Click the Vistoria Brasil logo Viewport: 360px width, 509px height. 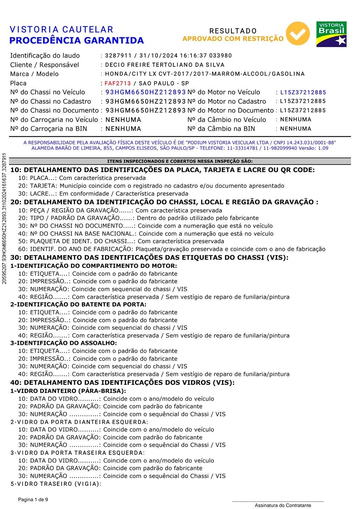tap(331, 34)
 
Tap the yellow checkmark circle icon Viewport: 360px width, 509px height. tap(298, 34)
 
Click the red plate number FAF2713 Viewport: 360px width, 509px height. tap(117, 83)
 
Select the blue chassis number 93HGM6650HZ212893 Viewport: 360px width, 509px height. tap(146, 92)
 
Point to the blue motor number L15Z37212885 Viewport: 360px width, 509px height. tap(303, 92)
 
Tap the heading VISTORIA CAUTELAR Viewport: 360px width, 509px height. tap(62, 30)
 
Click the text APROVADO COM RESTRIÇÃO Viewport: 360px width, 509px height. tap(233, 39)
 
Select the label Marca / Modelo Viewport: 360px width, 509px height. tap(34, 74)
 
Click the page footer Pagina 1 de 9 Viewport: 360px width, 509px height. tap(33, 500)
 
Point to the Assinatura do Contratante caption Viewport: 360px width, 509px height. tap(283, 505)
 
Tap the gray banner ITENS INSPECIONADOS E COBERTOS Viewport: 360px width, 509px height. tap(180, 161)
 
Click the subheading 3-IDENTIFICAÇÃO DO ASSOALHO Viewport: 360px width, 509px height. tap(64, 343)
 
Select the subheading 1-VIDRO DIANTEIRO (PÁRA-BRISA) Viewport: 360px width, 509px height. tap(68, 391)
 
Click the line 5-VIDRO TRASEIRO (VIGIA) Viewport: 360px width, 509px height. tap(56, 484)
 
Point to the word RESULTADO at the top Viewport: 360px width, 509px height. tap(233, 31)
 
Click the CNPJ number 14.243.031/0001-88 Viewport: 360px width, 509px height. tap(311, 143)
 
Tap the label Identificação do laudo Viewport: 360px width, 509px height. tap(45, 56)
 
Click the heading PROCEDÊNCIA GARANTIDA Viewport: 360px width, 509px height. tap(76, 40)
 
